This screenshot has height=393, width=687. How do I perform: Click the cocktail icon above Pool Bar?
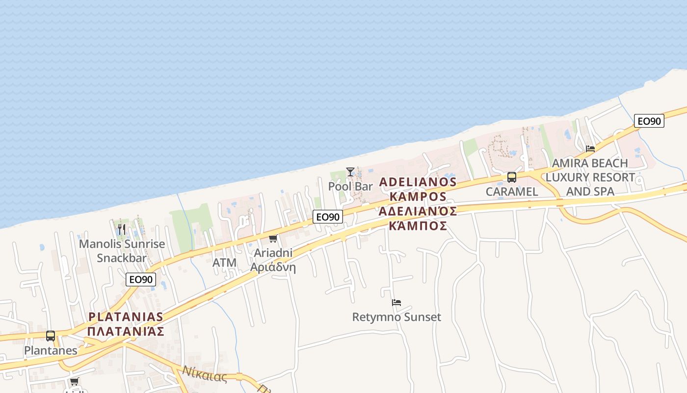[x=350, y=171]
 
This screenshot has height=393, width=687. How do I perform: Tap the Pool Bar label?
[x=350, y=187]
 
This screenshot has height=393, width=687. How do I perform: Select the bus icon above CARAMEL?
[x=512, y=177]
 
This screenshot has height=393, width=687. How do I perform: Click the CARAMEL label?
[x=512, y=192]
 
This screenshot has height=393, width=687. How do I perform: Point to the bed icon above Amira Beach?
[x=590, y=148]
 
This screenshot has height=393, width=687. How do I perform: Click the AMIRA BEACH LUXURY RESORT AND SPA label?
[x=590, y=177]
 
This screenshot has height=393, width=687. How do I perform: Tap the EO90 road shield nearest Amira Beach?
[x=649, y=121]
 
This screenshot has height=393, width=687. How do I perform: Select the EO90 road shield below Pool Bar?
[x=328, y=216]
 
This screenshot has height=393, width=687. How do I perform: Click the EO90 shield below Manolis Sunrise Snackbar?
[x=141, y=280]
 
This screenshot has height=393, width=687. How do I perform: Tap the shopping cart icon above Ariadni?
[x=273, y=239]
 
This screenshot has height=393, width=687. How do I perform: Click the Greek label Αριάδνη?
[x=273, y=268]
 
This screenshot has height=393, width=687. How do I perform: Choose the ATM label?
[x=224, y=263]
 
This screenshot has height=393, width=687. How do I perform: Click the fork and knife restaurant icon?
[x=122, y=229]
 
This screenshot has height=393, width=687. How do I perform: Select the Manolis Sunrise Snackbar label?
[x=122, y=251]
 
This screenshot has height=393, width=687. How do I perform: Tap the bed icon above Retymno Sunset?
[x=396, y=303]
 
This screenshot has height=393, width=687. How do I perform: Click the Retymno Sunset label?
[x=396, y=317]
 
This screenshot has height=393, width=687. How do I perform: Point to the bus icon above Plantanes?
[x=51, y=336]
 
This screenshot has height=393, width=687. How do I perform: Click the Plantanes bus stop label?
[x=51, y=351]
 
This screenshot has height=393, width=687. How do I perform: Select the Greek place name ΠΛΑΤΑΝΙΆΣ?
[x=126, y=331]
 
